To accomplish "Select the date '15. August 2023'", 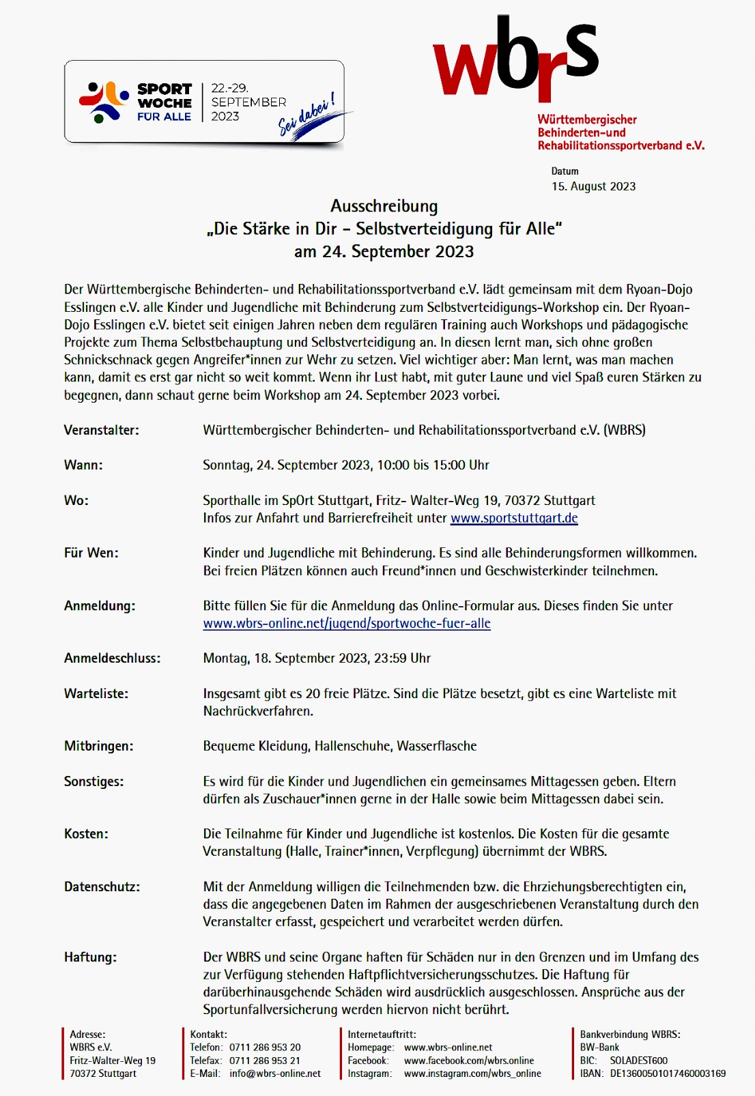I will click(593, 186).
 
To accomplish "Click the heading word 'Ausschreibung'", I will click(384, 206).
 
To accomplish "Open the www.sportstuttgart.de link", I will click(514, 518).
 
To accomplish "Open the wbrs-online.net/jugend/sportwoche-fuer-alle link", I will click(347, 623).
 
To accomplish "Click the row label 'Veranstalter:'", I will click(102, 430).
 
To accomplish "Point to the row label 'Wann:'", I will click(83, 465).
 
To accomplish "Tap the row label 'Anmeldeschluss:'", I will click(113, 659).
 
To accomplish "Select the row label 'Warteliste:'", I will click(96, 694).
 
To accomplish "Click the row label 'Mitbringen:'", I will click(99, 747).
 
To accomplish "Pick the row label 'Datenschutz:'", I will click(102, 887).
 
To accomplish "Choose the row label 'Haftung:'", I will click(90, 957).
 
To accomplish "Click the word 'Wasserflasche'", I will click(437, 746).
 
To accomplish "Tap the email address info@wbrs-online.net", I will click(275, 1073).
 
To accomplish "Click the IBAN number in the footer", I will click(668, 1073).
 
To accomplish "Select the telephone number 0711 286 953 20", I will click(265, 1048).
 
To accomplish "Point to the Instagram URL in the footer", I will click(472, 1073).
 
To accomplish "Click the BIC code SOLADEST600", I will click(639, 1061).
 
